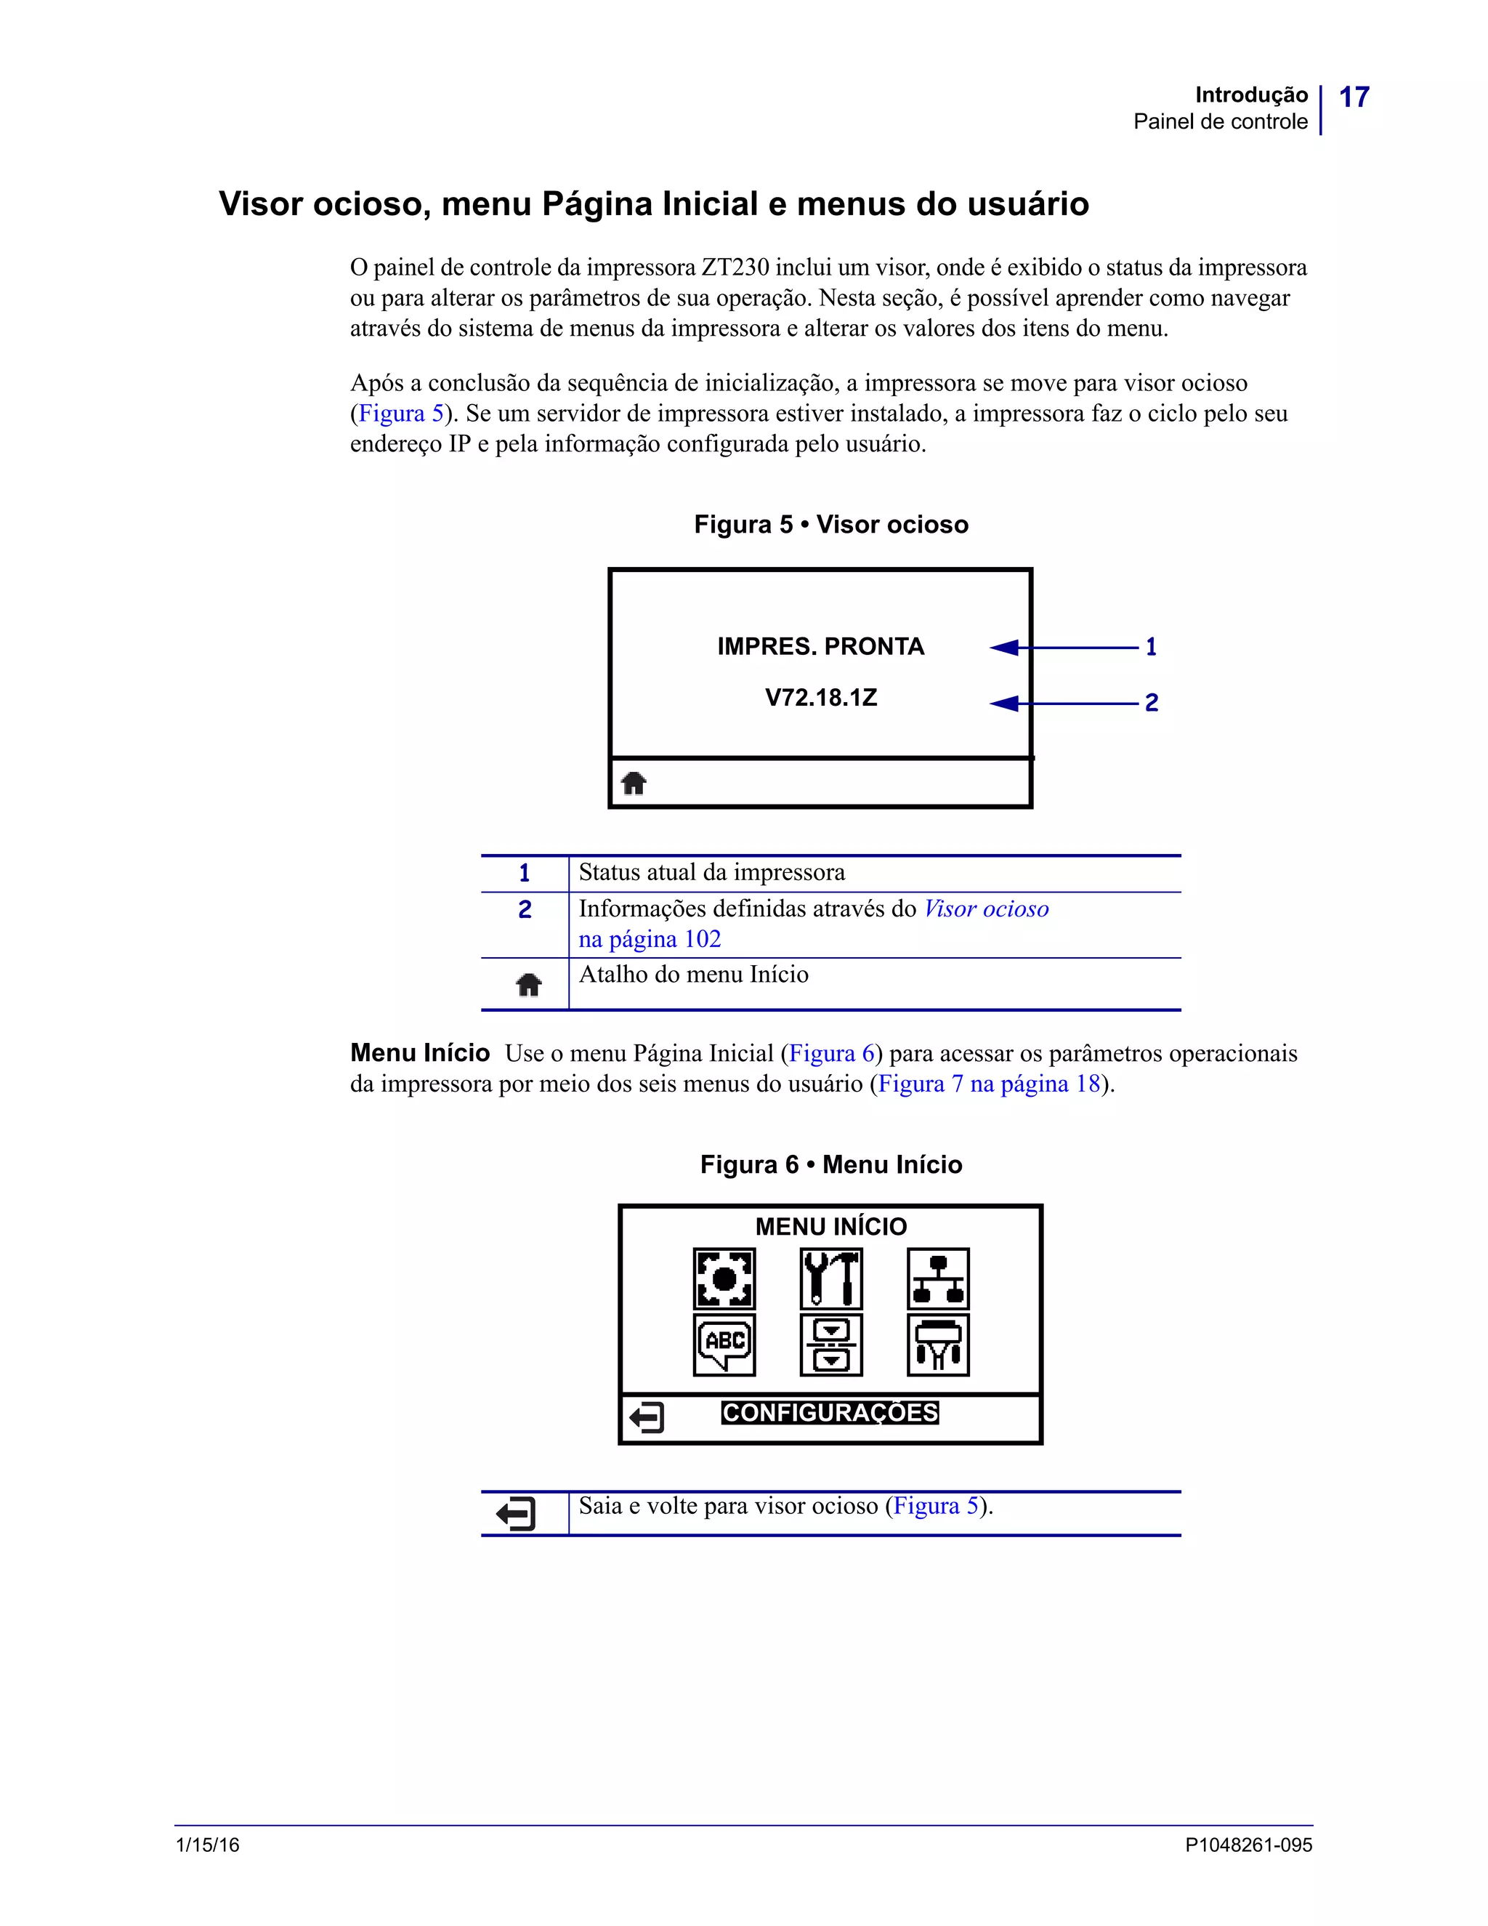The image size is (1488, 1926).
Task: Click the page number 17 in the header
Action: click(1354, 97)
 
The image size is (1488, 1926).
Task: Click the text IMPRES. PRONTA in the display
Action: click(820, 646)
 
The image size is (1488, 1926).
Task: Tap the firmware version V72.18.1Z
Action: click(821, 698)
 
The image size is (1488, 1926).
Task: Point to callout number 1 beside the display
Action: click(1150, 648)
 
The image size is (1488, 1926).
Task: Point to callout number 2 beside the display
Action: click(1150, 703)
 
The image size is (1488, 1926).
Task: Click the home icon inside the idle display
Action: click(634, 782)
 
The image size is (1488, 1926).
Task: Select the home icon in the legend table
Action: click(528, 984)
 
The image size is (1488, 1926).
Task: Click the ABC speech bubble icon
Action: click(724, 1344)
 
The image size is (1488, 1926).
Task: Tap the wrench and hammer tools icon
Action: click(831, 1278)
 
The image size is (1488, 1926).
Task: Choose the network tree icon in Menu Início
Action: click(938, 1278)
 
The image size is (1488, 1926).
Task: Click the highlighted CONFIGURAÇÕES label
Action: click(830, 1413)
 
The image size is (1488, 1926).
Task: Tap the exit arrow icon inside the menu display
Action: click(646, 1418)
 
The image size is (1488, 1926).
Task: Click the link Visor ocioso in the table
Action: click(985, 909)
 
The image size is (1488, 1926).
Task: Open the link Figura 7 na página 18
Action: click(989, 1084)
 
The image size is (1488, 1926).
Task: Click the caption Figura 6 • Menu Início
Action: click(830, 1165)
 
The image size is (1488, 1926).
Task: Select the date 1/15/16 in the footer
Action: click(208, 1845)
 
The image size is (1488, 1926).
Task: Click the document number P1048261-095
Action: click(1248, 1845)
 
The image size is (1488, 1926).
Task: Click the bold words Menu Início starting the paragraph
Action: click(420, 1053)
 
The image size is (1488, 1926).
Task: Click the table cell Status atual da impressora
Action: click(711, 873)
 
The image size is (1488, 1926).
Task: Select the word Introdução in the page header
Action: click(1251, 95)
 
